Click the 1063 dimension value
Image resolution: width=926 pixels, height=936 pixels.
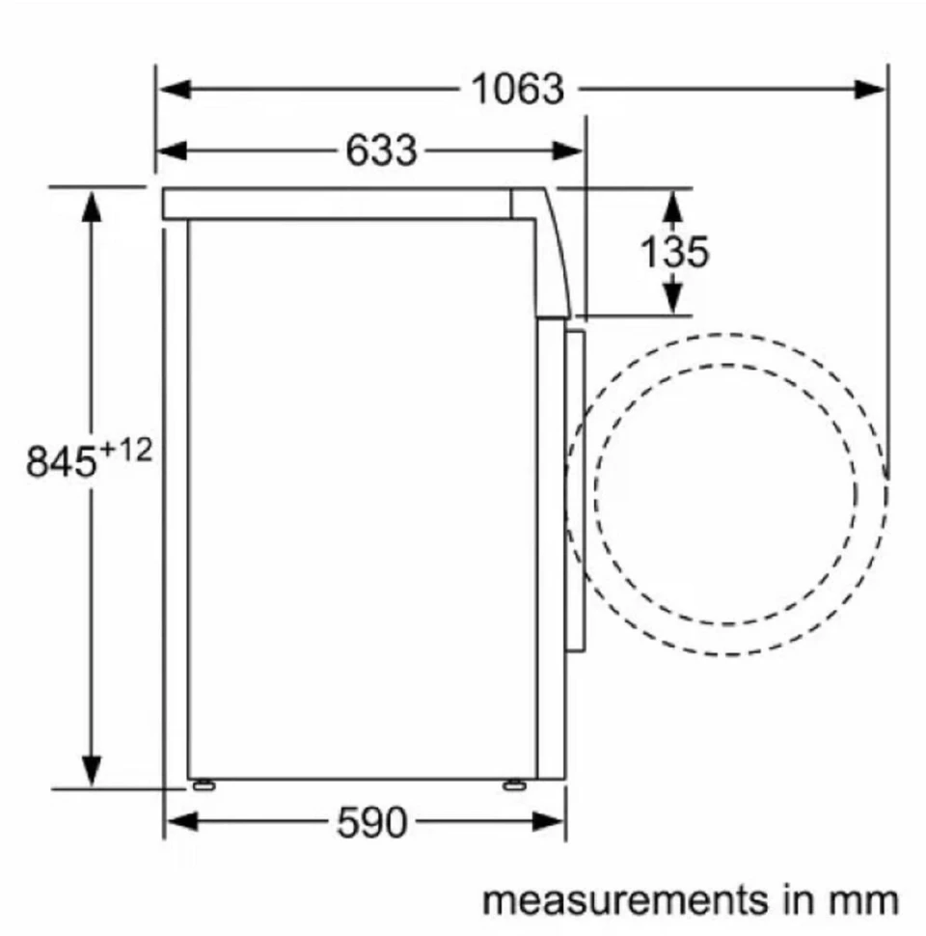(x=517, y=90)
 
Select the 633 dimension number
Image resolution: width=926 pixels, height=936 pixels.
(x=382, y=151)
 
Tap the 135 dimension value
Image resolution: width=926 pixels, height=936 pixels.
(x=674, y=252)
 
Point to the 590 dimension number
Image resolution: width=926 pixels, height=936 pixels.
(x=372, y=822)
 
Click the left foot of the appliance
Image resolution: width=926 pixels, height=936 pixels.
(x=204, y=783)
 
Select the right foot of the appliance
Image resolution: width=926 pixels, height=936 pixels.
(x=512, y=783)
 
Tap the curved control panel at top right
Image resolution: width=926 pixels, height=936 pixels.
(x=550, y=251)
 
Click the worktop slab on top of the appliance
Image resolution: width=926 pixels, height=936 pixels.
(x=338, y=203)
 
